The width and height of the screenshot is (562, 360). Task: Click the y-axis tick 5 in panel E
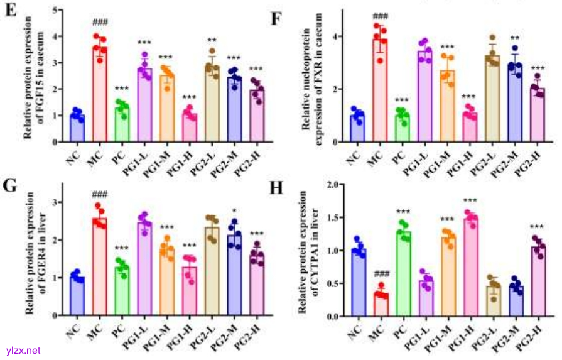pos(56,10)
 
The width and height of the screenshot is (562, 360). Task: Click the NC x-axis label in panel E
pos(73,154)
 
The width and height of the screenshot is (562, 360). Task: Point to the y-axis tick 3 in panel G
pos(56,202)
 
